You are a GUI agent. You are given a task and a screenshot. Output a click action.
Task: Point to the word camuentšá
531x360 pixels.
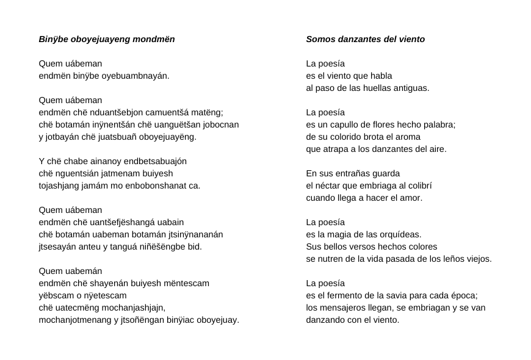click(165, 113)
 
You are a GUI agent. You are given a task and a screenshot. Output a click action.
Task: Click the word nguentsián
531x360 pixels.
click(81, 174)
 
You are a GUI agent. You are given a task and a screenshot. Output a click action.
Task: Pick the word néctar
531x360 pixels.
click(328, 186)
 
